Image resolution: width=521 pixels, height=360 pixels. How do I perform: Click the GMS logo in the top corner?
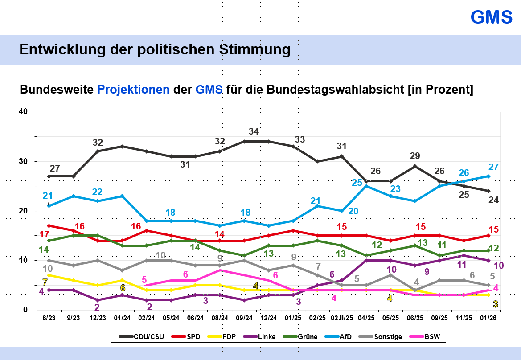point(492,17)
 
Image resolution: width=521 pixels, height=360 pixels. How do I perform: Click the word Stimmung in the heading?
point(254,49)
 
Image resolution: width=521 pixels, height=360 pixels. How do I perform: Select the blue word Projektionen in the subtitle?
point(133,90)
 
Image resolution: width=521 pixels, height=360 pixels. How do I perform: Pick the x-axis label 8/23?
point(49,319)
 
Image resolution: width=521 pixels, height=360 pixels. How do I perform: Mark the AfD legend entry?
point(342,336)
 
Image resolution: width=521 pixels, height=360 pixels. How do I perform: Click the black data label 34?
point(254,131)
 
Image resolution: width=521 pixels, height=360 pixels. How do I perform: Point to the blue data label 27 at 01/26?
point(493,167)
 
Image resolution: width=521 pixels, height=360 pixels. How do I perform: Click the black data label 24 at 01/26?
point(493,200)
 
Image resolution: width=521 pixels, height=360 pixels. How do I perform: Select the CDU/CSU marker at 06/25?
point(415,166)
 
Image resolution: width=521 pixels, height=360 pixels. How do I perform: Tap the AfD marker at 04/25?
point(366,186)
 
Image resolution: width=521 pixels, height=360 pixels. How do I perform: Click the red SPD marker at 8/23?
point(49,225)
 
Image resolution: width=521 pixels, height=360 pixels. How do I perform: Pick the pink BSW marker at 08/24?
point(220,270)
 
